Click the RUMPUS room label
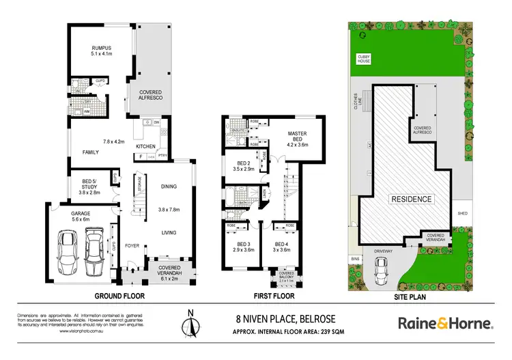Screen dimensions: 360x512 point(102,47)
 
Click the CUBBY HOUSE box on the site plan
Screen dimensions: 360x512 point(364,60)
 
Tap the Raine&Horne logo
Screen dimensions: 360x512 point(444,322)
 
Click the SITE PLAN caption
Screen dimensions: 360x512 point(413,296)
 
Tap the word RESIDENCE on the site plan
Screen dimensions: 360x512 point(411,199)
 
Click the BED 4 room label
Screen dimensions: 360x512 point(282,245)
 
